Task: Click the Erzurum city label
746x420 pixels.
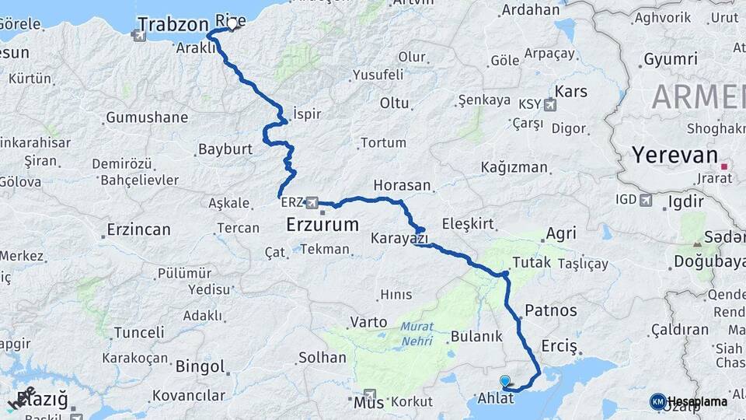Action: [x=322, y=226]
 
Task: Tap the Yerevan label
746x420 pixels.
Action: [x=675, y=155]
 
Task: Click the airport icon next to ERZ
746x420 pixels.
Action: [x=312, y=203]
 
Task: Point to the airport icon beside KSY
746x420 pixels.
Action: [x=550, y=105]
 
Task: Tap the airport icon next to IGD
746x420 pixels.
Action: [x=646, y=201]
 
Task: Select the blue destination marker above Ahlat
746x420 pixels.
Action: [x=506, y=381]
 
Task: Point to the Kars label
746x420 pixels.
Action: [x=571, y=92]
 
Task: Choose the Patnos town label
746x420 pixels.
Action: [x=551, y=310]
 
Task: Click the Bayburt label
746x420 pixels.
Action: [x=223, y=149]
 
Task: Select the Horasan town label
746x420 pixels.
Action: [x=402, y=185]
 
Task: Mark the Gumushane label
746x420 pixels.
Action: [x=147, y=117]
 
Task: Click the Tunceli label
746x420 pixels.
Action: [x=139, y=332]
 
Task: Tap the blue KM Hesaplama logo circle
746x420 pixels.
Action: [x=658, y=401]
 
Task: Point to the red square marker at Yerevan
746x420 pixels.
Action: [x=724, y=166]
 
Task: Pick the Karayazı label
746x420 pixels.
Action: [x=396, y=237]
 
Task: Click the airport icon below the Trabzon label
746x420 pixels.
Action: [x=139, y=35]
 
